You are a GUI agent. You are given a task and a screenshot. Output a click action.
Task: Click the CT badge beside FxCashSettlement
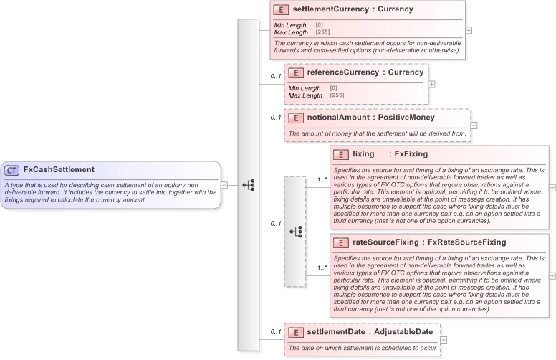12,170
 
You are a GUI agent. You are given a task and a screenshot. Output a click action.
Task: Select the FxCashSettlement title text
59,170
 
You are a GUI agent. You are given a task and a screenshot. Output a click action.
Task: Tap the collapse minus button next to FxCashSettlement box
224,184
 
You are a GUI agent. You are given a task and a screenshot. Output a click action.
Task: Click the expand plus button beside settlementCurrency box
469,30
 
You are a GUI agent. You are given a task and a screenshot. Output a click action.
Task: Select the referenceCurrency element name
341,72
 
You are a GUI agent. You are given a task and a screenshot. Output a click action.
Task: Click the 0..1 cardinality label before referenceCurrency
275,76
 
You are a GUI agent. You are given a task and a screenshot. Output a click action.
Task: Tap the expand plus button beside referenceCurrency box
431,84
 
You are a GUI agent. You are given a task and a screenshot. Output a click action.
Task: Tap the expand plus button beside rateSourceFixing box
552,275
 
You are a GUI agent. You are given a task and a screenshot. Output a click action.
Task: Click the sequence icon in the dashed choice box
295,232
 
